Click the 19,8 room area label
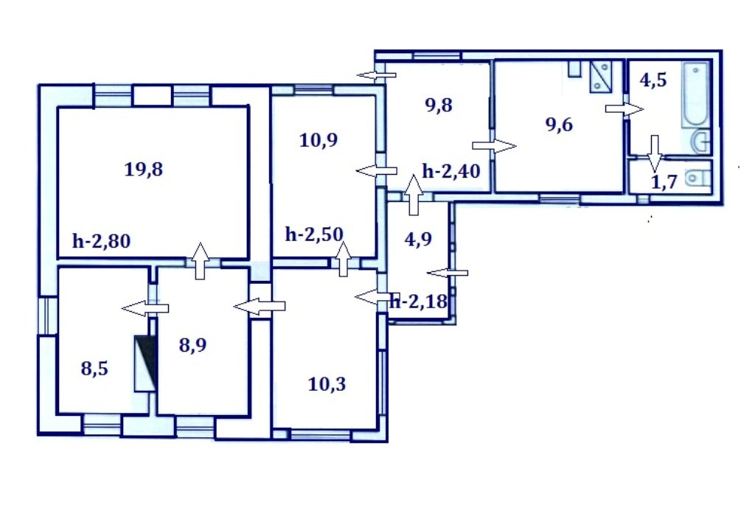click(x=144, y=170)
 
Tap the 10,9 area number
click(x=319, y=140)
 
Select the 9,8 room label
click(x=439, y=105)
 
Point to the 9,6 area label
click(x=559, y=125)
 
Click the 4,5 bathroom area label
click(x=653, y=80)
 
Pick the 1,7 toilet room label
click(x=664, y=182)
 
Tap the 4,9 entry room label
click(x=419, y=239)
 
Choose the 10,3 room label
click(x=327, y=384)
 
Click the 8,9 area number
click(x=192, y=345)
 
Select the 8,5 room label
click(x=94, y=369)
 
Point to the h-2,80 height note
click(x=101, y=241)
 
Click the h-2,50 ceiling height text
click(x=314, y=234)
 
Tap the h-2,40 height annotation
click(x=451, y=171)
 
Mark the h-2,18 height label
click(x=419, y=302)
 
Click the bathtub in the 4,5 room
click(x=695, y=95)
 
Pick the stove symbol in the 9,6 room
click(x=601, y=76)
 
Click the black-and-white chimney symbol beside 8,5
click(x=145, y=363)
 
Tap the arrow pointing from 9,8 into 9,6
click(x=494, y=145)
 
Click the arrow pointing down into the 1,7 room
click(x=655, y=153)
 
